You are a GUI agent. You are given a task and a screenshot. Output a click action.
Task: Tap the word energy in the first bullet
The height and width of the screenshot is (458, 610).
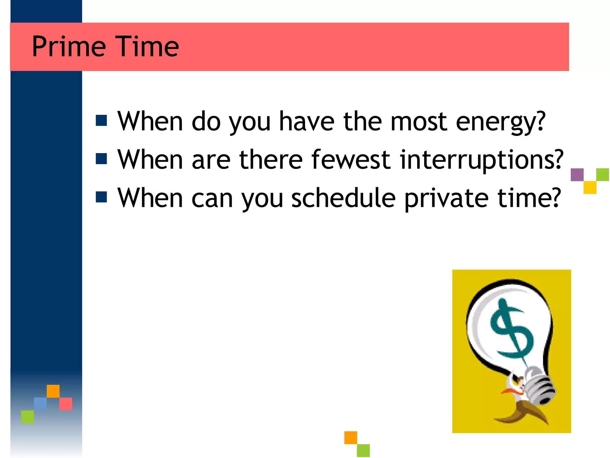coord(500,122)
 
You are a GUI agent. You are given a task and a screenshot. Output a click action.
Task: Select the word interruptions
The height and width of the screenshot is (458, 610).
coord(482,160)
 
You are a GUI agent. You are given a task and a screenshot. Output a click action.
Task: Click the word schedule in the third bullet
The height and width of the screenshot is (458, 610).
coord(343,198)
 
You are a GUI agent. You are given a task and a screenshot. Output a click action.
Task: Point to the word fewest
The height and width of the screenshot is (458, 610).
coord(351,160)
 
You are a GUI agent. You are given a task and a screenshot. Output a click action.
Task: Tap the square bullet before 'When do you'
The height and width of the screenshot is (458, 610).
coord(101,121)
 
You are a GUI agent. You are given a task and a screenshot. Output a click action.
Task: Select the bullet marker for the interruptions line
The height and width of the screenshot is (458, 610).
coord(101,159)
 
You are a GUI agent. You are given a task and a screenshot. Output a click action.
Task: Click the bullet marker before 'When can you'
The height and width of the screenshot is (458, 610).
coord(101,197)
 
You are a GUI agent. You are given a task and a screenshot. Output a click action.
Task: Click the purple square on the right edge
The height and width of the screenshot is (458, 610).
coord(577,175)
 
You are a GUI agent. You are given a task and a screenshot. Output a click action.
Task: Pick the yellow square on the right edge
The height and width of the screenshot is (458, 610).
coord(590,188)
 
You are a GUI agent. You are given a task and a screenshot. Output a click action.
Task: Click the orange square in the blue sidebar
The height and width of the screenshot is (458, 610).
coord(53,391)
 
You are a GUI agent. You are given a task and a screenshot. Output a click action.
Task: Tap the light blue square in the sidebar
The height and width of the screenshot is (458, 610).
coord(40,404)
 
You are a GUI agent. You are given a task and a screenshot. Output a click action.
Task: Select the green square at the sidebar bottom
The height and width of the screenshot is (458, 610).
coord(27,417)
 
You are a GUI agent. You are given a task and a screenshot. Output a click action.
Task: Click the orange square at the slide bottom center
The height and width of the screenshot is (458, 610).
coord(351,437)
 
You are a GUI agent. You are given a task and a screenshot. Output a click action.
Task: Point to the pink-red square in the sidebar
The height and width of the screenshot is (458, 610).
coord(66,404)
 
